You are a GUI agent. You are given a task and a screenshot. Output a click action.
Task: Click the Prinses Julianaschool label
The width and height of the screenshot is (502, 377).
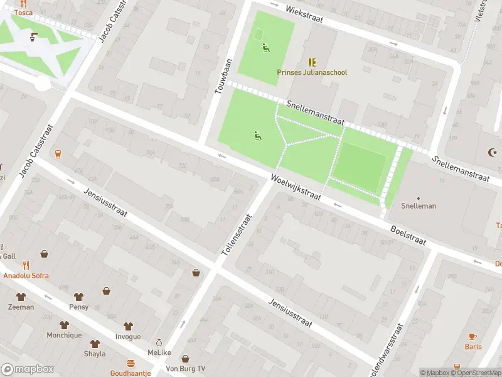point(312,72)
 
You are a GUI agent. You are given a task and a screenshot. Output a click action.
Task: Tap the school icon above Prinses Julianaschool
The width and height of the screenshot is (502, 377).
point(312,62)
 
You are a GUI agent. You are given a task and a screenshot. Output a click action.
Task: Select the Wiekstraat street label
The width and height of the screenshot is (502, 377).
point(304,15)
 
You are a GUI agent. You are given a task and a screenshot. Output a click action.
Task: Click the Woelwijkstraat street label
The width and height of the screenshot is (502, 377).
point(296,188)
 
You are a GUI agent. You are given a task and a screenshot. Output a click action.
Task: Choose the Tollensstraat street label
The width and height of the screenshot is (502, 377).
point(237,234)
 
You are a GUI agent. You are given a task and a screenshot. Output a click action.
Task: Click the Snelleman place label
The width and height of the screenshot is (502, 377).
point(419,206)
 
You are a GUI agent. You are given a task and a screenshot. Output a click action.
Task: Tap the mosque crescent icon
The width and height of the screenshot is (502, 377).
point(492,152)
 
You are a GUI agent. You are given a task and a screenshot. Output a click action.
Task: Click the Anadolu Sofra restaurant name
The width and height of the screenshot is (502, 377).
point(26,275)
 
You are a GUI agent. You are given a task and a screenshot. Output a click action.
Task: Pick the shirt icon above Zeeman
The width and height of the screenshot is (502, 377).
point(21,297)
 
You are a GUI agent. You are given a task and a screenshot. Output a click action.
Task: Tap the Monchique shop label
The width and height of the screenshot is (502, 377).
point(64,336)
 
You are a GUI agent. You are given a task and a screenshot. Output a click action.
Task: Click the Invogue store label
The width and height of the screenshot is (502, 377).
point(128,336)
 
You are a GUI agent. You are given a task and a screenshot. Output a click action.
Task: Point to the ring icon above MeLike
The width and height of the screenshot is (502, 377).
point(159,343)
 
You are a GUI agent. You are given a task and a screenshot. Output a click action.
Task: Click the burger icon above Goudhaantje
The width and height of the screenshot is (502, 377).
point(131,363)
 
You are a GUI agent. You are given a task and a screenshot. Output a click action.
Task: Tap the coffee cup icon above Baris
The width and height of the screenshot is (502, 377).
point(473,336)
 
